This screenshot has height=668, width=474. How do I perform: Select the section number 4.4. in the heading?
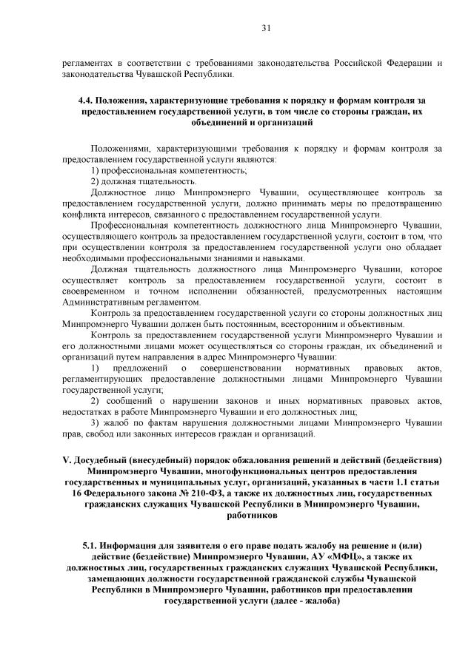coord(87,100)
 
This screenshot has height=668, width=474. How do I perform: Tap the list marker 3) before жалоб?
coord(96,423)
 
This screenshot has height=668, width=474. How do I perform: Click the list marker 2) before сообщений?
coord(96,400)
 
